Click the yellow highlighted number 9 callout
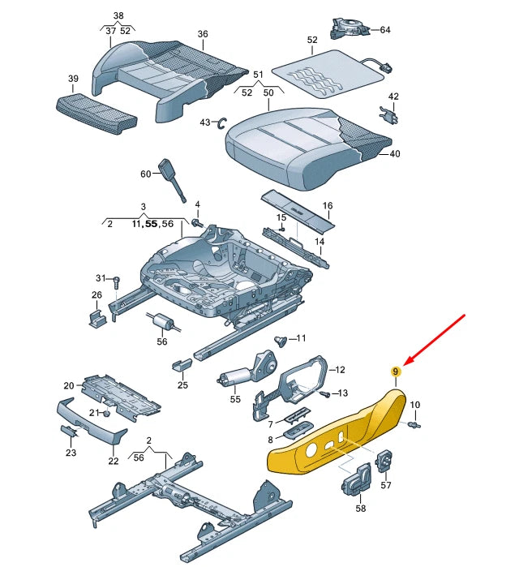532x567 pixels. pos(396,372)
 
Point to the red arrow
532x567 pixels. pos(437,339)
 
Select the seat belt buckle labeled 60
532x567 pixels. pos(172,178)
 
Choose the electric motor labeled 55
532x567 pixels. pos(236,378)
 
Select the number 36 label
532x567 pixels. pos(202,34)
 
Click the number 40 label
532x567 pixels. pos(395,153)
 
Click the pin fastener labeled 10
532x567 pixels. pos(417,423)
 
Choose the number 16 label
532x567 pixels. pos(328,207)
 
